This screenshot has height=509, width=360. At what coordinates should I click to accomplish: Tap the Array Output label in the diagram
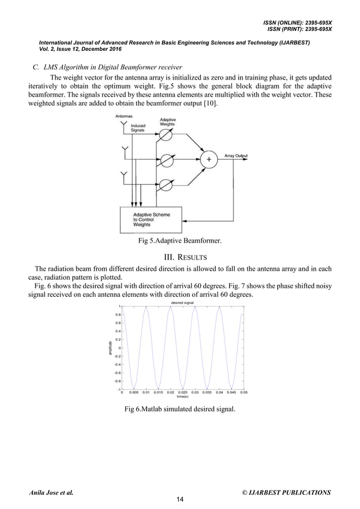click(236, 156)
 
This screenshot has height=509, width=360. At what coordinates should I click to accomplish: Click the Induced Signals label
click(138, 128)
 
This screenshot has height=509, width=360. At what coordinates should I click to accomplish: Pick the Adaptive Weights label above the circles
click(168, 122)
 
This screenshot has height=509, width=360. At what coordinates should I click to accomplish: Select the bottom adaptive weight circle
click(166, 184)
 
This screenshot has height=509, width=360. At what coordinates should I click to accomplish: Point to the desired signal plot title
click(183, 303)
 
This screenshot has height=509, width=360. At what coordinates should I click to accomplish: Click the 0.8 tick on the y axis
click(118, 315)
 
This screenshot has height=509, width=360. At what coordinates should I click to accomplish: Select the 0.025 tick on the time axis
click(183, 392)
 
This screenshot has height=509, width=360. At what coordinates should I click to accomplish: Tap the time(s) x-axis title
click(183, 397)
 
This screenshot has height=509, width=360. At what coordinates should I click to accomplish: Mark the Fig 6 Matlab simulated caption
click(180, 410)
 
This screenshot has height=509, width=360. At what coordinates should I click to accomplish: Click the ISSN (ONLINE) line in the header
click(297, 22)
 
